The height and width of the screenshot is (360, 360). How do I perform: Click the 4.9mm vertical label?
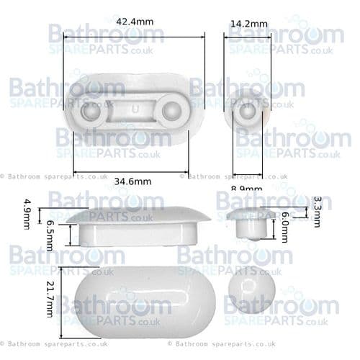point(27,214)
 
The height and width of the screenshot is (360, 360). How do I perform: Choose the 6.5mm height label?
point(50,235)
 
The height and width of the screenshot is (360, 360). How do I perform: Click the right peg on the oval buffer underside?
point(173,111)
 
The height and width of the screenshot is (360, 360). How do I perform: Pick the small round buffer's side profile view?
point(248,223)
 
